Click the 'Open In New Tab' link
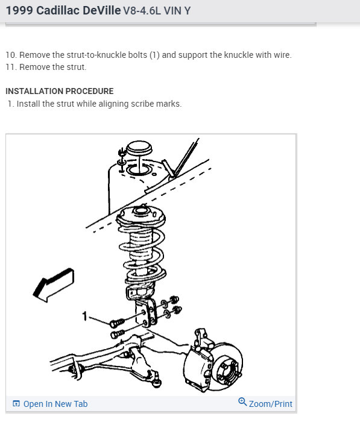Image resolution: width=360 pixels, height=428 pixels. point(55,404)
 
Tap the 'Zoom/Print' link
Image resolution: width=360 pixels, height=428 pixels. point(270,403)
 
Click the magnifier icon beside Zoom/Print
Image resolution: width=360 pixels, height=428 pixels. point(242,402)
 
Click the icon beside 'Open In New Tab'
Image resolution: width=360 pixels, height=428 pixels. point(16,404)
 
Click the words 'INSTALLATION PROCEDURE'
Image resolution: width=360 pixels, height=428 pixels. point(59,91)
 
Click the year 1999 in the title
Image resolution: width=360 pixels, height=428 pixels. point(18,10)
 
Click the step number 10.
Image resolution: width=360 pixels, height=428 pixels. point(10,55)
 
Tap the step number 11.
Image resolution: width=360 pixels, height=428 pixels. point(10,67)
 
